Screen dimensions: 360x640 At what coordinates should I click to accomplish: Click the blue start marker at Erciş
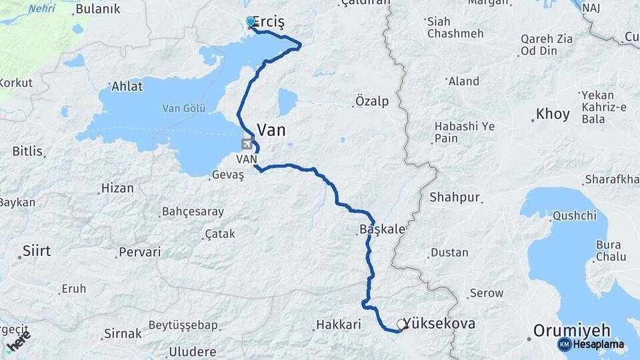[x=251, y=22]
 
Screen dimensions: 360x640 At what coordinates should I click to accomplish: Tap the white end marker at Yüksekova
[x=401, y=324]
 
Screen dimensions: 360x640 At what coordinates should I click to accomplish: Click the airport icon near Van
[x=247, y=143]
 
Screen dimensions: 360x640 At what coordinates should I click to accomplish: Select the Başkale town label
[x=382, y=229]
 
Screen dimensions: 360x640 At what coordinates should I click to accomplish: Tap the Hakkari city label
[x=337, y=325]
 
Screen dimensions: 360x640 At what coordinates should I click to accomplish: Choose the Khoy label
[x=553, y=115]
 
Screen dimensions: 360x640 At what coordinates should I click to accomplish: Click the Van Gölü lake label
[x=185, y=108]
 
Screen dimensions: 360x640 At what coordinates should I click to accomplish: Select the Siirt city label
[x=37, y=251]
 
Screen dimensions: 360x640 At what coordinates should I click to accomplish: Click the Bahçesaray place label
[x=193, y=212]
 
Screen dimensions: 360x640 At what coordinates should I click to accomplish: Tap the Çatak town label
[x=220, y=234]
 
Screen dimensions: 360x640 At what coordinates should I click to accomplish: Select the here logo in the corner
[x=18, y=341]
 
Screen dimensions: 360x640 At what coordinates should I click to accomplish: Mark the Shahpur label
[x=455, y=197]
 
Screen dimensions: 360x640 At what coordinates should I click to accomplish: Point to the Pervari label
[x=139, y=253]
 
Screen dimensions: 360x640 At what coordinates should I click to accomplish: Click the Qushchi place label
[x=574, y=216]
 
